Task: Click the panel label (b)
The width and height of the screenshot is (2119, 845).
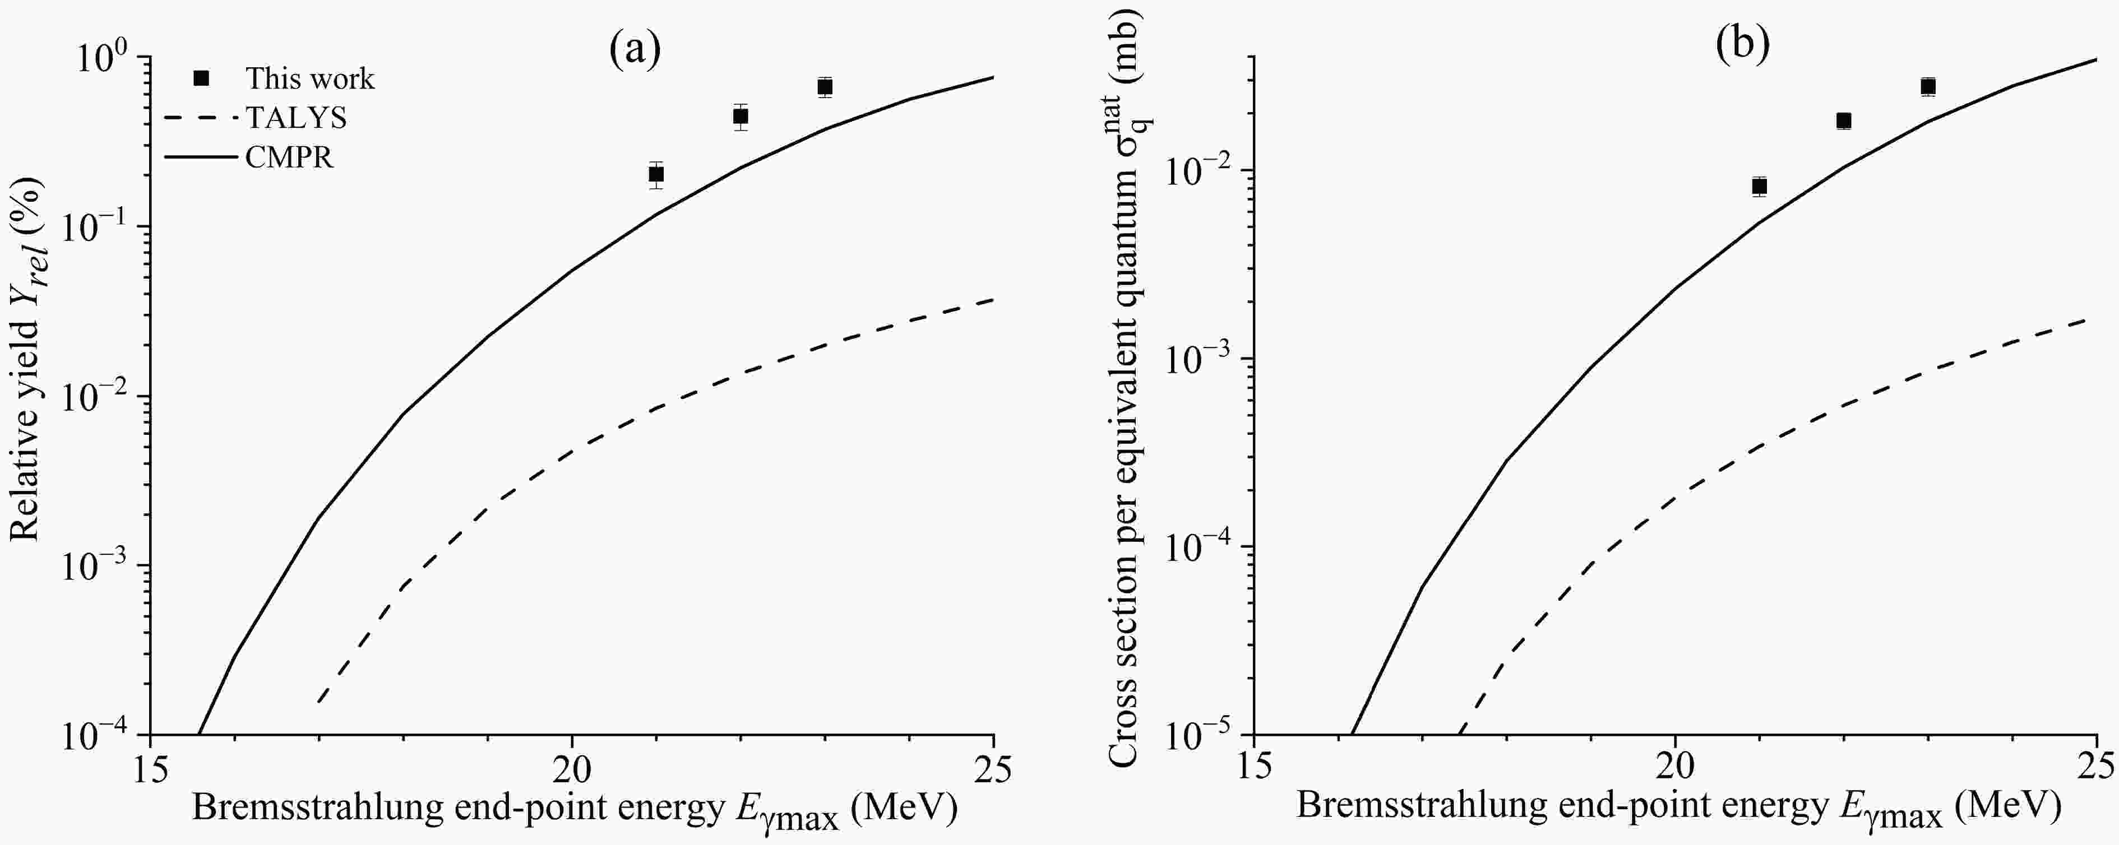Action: pos(1741,46)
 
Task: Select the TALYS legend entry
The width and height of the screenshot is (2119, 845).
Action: pos(296,118)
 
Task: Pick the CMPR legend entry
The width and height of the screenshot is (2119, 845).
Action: pos(290,157)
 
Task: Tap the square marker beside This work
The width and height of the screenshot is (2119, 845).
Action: pos(201,78)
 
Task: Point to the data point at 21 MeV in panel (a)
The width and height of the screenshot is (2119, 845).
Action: pos(656,174)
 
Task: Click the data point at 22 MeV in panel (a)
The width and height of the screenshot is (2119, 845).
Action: pos(741,117)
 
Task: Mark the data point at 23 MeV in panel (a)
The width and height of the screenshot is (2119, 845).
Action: pos(825,86)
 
